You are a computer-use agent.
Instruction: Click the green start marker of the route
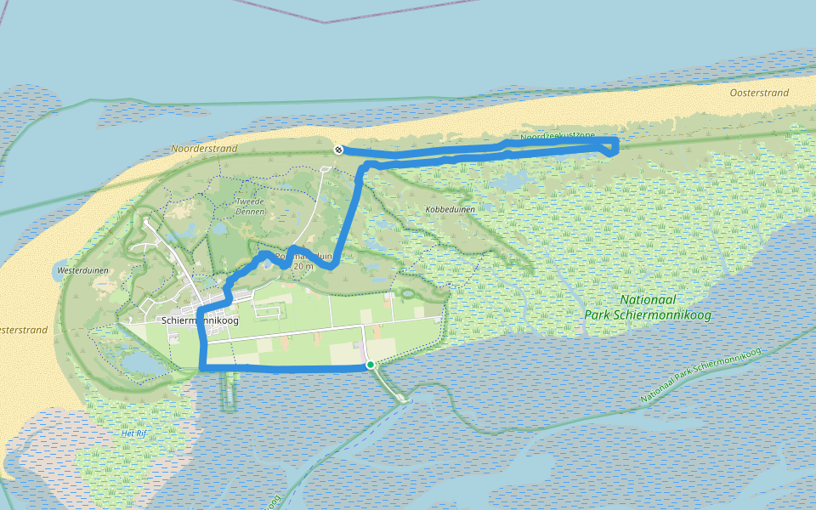371,365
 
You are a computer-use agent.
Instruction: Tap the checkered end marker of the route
338,150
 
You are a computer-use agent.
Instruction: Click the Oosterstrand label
759,93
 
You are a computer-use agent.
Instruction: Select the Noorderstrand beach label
204,149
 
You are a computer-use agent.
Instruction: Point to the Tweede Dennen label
251,207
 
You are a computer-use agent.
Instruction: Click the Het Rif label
134,433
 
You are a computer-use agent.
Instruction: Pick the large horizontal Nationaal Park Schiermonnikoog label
648,307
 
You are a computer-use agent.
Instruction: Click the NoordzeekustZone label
558,136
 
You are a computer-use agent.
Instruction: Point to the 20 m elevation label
303,266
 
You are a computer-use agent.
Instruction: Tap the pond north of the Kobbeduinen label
510,183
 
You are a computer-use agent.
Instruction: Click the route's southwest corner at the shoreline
202,367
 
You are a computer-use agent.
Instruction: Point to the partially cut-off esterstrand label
24,329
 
